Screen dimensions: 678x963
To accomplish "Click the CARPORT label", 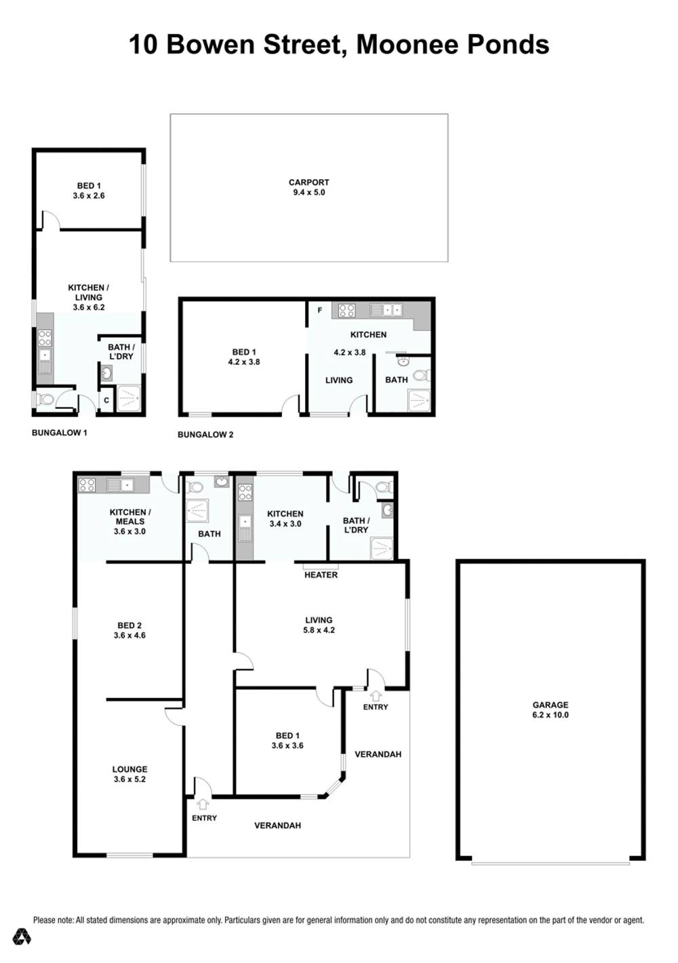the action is (x=308, y=182).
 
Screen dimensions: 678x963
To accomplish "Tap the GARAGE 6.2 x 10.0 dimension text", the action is (x=550, y=715).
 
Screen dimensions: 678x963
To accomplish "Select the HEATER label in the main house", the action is (x=321, y=575).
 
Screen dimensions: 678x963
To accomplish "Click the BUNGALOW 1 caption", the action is (x=60, y=433).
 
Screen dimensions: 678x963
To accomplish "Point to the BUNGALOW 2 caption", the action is (x=205, y=435).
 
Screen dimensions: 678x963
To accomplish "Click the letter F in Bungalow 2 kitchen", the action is (x=319, y=310).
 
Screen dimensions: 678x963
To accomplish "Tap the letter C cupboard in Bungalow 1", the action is (x=106, y=400).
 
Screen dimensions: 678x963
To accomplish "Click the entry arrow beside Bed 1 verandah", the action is (x=376, y=694).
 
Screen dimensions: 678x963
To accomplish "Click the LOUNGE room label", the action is (x=130, y=769).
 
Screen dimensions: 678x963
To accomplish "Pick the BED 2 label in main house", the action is (x=129, y=625).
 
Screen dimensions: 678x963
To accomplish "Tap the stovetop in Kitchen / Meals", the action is (x=86, y=486).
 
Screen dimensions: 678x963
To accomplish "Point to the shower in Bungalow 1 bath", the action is (x=128, y=399).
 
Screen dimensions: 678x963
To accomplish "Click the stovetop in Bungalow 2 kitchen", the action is (x=346, y=311).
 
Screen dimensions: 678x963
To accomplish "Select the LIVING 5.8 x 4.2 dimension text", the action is (x=319, y=630).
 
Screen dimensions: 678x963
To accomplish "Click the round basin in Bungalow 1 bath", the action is (x=106, y=373).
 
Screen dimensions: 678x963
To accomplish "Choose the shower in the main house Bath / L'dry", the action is (x=381, y=549).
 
